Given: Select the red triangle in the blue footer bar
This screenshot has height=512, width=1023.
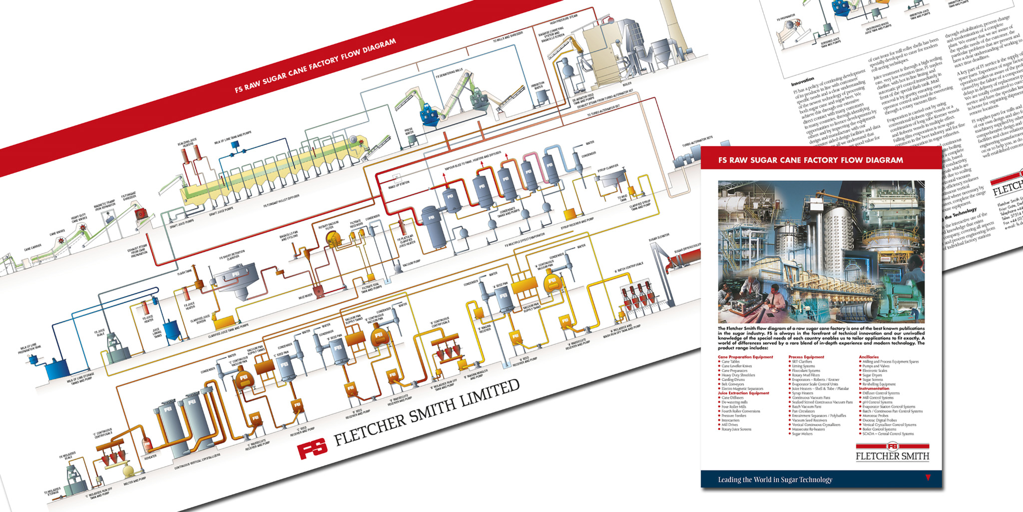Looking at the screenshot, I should point(928,477).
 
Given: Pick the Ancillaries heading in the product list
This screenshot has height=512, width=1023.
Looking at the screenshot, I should point(869,357).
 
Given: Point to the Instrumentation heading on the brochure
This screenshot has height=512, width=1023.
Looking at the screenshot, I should point(874,388).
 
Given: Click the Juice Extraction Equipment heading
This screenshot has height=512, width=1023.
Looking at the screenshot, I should point(743,393).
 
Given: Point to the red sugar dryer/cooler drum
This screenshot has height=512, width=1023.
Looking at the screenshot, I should point(685,259).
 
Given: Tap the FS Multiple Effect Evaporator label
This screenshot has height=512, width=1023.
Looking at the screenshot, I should point(524,240).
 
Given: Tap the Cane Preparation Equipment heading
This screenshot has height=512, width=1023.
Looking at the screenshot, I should point(745,357).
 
